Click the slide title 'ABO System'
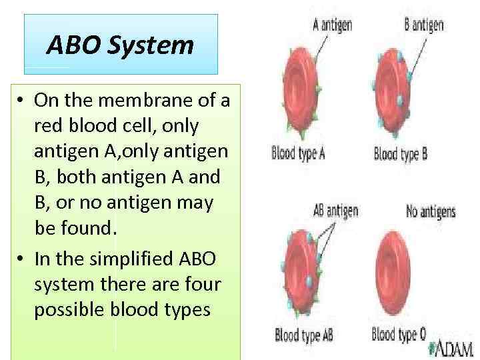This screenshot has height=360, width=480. click(121, 45)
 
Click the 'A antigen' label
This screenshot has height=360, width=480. click(333, 26)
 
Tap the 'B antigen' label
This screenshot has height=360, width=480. click(424, 26)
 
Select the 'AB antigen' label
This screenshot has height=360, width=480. click(335, 211)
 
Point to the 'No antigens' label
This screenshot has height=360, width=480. click(431, 212)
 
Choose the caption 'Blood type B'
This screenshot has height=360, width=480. click(401, 155)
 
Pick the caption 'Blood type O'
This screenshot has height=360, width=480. click(399, 333)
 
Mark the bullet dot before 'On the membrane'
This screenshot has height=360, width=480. click(22, 101)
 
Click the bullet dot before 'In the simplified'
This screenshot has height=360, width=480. click(22, 257)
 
